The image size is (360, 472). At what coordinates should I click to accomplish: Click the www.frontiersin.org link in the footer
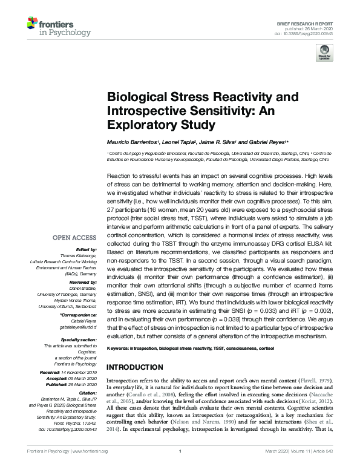[x=90, y=468]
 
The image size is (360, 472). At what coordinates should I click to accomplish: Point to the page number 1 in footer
[x=180, y=468]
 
